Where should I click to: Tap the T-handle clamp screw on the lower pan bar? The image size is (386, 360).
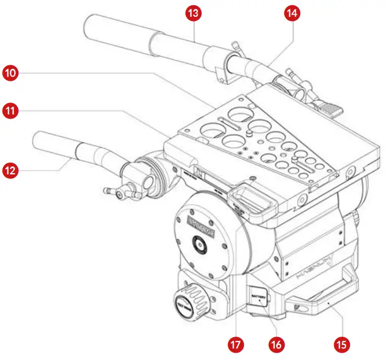(x=119, y=194)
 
